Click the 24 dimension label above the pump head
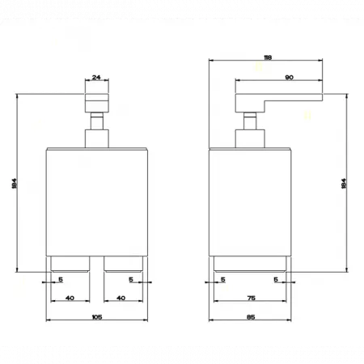[x=96, y=78]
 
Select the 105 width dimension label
[x=97, y=317]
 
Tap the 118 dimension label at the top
[x=268, y=57]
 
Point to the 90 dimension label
[x=289, y=78]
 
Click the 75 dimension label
[x=251, y=298]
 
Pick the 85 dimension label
[x=251, y=317]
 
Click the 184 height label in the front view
[x=15, y=184]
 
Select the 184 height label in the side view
[x=344, y=184]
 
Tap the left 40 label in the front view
[x=70, y=298]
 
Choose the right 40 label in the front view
[x=121, y=298]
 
